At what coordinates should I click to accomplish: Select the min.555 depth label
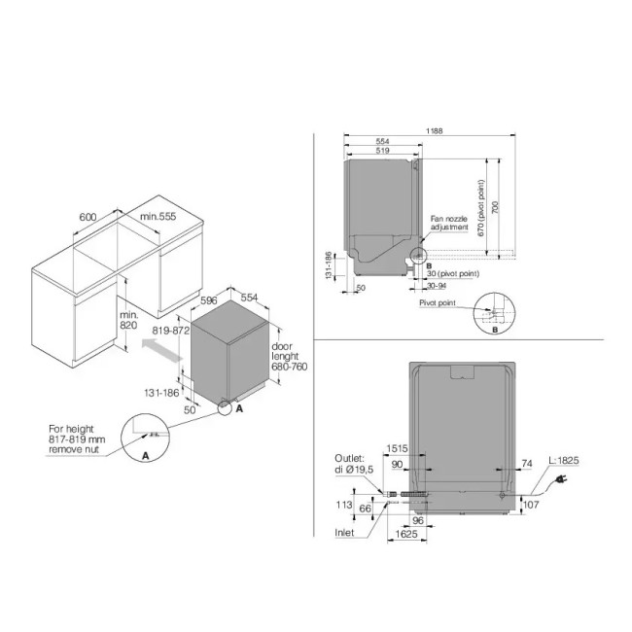158,216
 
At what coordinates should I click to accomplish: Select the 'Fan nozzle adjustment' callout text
451,227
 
